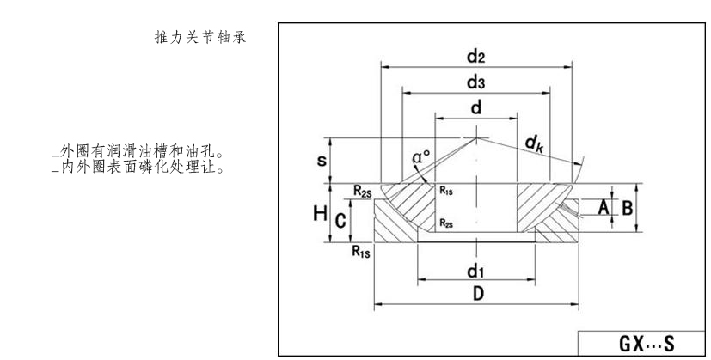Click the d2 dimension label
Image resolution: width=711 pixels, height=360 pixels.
476,57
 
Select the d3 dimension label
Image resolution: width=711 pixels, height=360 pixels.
476,83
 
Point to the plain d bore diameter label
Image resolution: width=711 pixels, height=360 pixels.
475,109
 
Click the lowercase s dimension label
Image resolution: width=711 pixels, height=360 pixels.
322,161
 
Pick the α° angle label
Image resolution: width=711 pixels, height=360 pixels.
421,157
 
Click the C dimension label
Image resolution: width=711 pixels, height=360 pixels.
340,221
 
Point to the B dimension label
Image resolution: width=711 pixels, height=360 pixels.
628,207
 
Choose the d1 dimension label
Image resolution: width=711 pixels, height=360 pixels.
475,272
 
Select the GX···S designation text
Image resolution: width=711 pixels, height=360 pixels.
647,345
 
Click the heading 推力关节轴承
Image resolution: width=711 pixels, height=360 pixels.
200,40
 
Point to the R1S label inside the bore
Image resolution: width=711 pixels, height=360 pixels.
447,192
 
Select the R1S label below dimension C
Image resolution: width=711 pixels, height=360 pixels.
362,252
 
